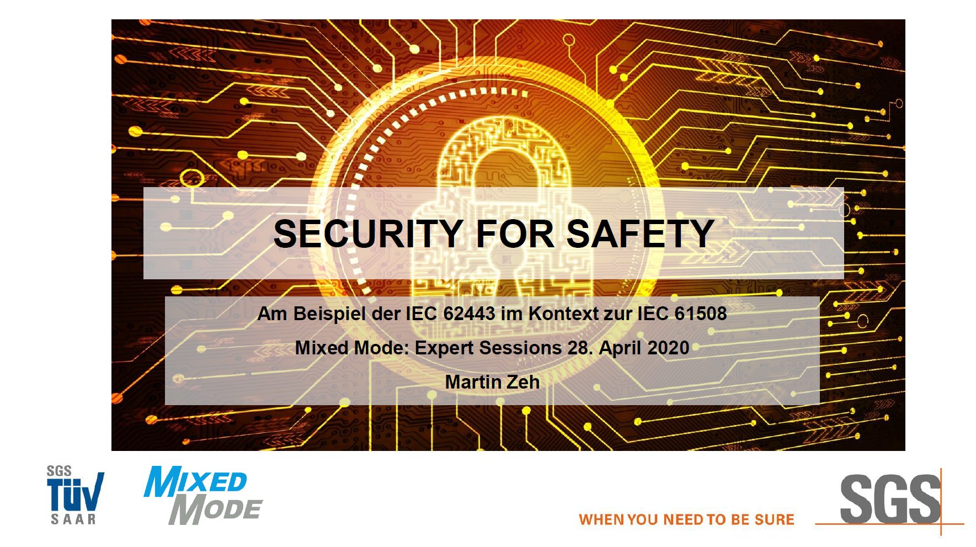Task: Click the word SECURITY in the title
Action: pos(368,233)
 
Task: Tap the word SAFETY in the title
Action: pos(641,233)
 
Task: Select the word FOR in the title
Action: pos(515,233)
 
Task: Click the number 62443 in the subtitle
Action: pos(469,314)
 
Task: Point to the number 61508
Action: pos(701,314)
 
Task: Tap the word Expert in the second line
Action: pos(444,348)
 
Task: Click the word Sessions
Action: pos(520,348)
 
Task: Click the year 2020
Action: pos(668,348)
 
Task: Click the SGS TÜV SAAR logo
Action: pos(75,495)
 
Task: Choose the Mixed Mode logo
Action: pos(203,495)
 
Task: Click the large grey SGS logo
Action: pos(890,500)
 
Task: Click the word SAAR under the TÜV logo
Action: pos(73,519)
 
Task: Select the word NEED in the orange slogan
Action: pos(682,520)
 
